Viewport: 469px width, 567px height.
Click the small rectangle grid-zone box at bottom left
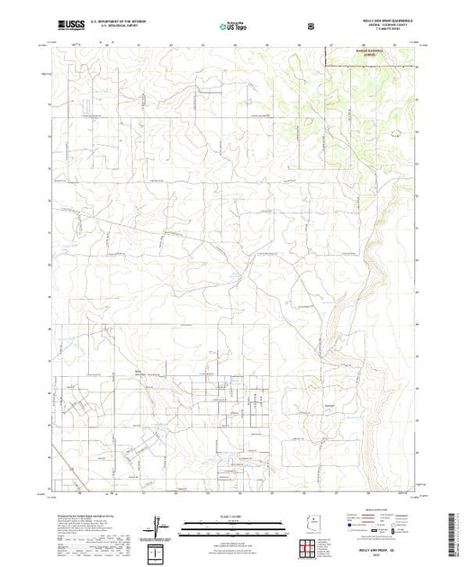coord(158,551)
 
